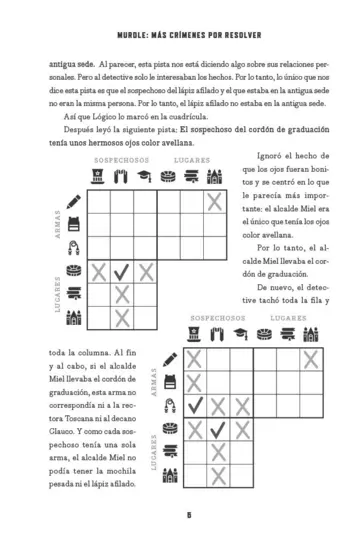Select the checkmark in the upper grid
(x=122, y=270)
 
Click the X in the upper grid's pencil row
(x=215, y=201)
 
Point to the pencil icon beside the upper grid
(x=72, y=199)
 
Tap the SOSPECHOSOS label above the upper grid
(x=121, y=160)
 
